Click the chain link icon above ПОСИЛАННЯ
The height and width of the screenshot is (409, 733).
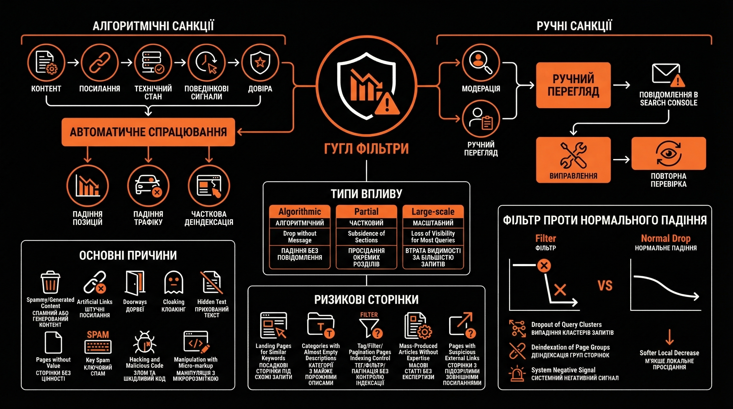99,63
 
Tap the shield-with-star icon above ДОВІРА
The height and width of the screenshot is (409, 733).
260,62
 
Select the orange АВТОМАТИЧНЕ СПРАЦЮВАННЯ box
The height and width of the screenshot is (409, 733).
148,132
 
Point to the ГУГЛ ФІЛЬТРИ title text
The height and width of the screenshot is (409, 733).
366,149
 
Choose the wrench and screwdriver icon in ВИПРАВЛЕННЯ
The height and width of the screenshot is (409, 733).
573,155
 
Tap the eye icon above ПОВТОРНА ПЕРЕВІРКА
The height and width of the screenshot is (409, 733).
669,153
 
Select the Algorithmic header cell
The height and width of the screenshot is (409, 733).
300,212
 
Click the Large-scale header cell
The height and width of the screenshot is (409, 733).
433,212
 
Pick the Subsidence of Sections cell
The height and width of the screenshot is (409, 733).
366,237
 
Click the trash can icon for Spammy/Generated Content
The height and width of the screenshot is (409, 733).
50,282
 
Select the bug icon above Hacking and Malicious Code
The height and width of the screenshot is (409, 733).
145,342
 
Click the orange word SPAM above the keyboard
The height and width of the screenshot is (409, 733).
98,335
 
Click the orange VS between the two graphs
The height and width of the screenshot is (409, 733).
605,286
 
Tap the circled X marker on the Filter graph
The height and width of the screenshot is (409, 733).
544,266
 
